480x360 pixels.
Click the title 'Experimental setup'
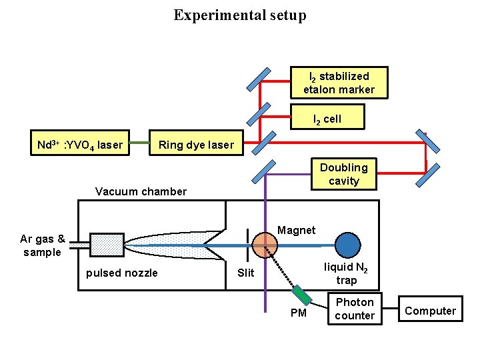tap(240, 15)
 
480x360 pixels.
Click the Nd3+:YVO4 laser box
tap(79, 145)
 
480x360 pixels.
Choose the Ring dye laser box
tap(196, 145)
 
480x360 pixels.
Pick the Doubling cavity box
tap(343, 174)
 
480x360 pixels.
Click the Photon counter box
tap(355, 309)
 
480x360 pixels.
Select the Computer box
tap(430, 311)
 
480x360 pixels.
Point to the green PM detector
tap(301, 294)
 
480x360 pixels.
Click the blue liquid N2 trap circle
tap(347, 245)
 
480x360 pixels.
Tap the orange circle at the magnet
tap(265, 245)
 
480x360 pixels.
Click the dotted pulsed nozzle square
tap(107, 245)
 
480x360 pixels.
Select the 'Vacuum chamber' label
tap(141, 191)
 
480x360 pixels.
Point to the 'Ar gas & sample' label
tap(43, 245)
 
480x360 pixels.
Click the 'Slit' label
tap(246, 273)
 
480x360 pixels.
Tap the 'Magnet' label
tap(296, 230)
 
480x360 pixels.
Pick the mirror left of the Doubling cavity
tap(266, 171)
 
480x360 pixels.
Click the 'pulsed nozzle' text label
tap(122, 273)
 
